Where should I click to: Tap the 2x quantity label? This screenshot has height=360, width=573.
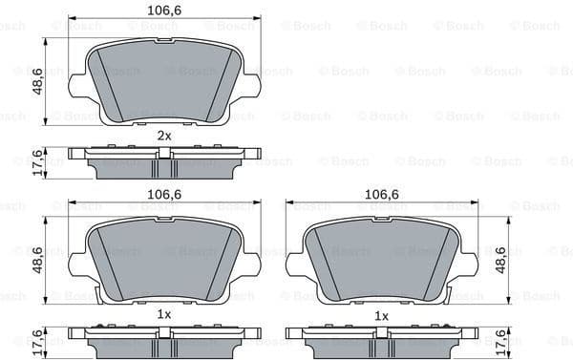click(163, 136)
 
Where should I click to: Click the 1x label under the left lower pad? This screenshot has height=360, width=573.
click(163, 315)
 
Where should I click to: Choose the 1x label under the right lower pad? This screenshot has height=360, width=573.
click(381, 315)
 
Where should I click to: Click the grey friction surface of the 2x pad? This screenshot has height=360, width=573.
click(163, 81)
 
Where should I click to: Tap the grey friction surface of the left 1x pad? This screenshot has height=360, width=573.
click(163, 263)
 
